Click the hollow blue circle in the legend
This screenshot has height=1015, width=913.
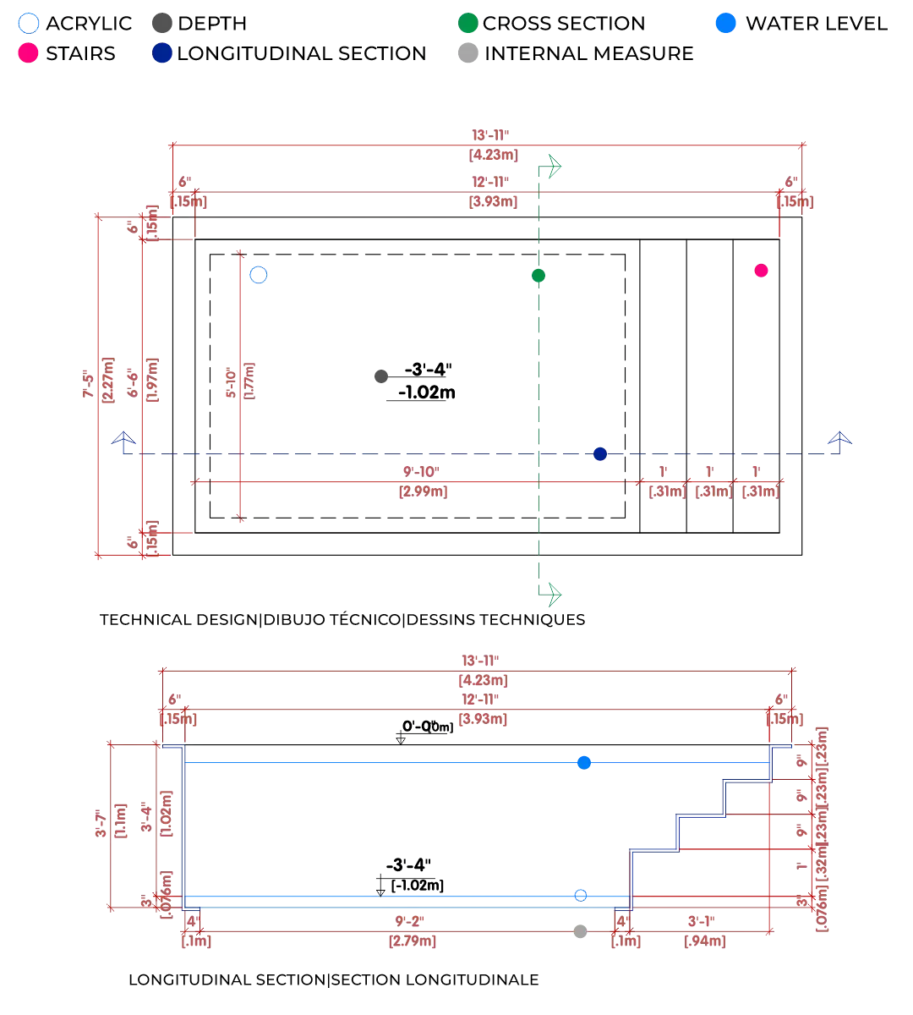[28, 23]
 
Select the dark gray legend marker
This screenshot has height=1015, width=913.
[161, 23]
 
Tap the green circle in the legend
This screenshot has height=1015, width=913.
[466, 23]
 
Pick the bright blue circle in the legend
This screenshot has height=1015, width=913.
[725, 23]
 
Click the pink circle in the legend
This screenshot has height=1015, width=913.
[28, 52]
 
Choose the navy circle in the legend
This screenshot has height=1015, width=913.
[161, 52]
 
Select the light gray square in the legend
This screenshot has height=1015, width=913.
[466, 52]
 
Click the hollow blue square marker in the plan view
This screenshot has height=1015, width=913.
[260, 274]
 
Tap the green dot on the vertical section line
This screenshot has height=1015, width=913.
[538, 274]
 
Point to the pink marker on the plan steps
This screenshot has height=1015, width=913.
[761, 269]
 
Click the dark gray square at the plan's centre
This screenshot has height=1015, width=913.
[381, 376]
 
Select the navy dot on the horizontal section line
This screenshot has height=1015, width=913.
[600, 456]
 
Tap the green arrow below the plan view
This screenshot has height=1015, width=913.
[555, 593]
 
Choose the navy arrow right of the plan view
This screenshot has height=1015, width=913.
[840, 438]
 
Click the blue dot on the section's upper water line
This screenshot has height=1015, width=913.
[584, 763]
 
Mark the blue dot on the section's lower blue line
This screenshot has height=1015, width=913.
[581, 896]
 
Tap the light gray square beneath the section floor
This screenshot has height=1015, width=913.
[579, 930]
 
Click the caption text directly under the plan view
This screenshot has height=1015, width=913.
[342, 621]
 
